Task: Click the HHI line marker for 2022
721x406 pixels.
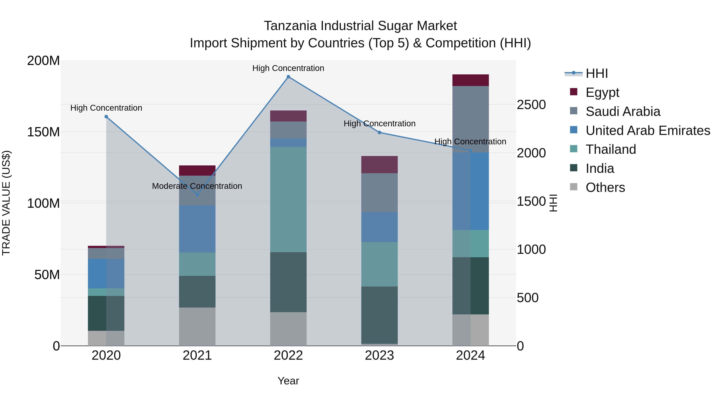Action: click(x=288, y=77)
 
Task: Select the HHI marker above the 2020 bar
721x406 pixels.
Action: click(x=106, y=116)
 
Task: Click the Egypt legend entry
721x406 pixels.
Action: click(x=602, y=92)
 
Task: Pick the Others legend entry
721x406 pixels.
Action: click(x=605, y=187)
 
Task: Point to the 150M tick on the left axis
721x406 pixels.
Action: click(x=43, y=132)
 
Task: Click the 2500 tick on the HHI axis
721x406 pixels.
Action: click(x=531, y=105)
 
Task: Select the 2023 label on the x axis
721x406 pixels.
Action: click(x=379, y=355)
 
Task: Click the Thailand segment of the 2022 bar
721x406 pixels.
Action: click(x=288, y=199)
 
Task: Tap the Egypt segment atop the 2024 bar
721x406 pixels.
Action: click(x=470, y=80)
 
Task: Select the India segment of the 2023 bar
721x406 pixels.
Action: click(x=379, y=315)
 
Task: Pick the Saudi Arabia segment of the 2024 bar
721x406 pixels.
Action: click(x=470, y=119)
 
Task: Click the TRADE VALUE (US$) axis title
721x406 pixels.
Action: click(x=6, y=203)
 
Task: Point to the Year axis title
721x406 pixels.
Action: click(x=288, y=381)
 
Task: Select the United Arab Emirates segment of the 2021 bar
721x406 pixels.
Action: click(x=197, y=229)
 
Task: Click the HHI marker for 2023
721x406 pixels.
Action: click(x=379, y=132)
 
